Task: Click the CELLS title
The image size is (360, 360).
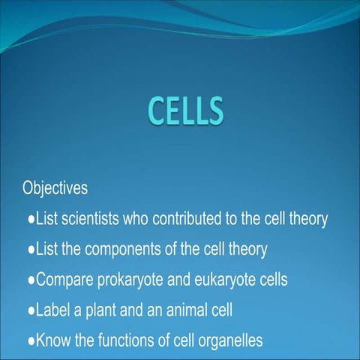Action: pyautogui.click(x=184, y=112)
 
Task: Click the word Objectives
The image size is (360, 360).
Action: pyautogui.click(x=55, y=187)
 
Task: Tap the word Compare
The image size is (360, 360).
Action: pyautogui.click(x=60, y=280)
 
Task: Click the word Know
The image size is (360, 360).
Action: pyautogui.click(x=52, y=340)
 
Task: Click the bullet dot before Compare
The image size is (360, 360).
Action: pyautogui.click(x=31, y=280)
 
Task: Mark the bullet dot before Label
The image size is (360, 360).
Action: pyautogui.click(x=31, y=310)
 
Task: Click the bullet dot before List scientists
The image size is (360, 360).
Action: pyautogui.click(x=31, y=219)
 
